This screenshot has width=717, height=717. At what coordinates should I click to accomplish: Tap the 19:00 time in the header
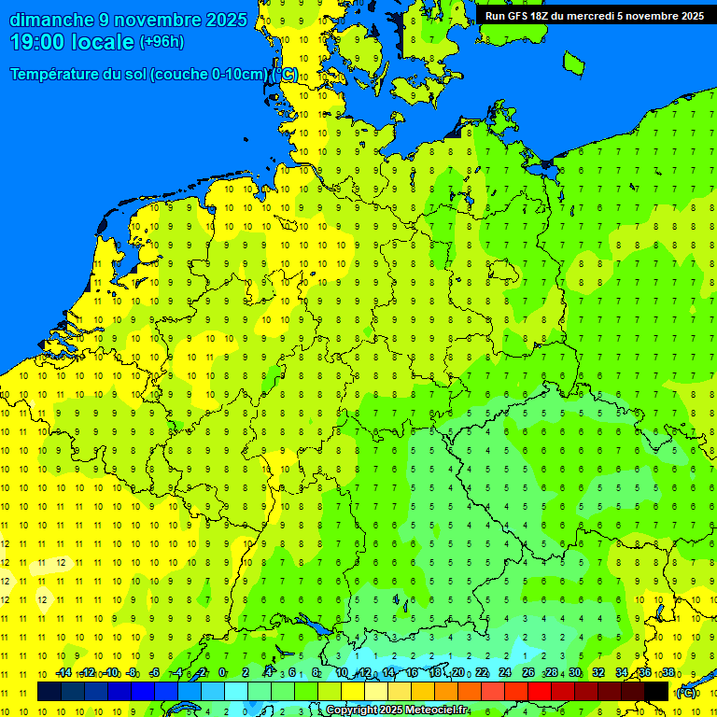pyautogui.click(x=37, y=42)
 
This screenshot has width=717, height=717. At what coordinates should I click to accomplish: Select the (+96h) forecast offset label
pyautogui.click(x=162, y=42)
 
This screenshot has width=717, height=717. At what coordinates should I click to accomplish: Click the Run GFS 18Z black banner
pyautogui.click(x=595, y=16)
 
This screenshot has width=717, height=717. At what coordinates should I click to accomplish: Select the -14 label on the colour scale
pyautogui.click(x=63, y=672)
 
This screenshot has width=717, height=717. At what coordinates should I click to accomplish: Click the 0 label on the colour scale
pyautogui.click(x=222, y=672)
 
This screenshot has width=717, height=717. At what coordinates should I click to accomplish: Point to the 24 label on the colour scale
pyautogui.click(x=505, y=672)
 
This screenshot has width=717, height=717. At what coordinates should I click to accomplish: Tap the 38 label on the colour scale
pyautogui.click(x=668, y=672)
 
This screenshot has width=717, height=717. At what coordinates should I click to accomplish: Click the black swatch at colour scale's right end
pyautogui.click(x=656, y=691)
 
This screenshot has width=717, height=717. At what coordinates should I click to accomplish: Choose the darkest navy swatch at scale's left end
pyautogui.click(x=49, y=691)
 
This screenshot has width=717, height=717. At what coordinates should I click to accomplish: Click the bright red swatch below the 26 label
pyautogui.click(x=540, y=691)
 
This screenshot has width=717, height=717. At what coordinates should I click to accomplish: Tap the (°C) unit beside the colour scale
pyautogui.click(x=686, y=692)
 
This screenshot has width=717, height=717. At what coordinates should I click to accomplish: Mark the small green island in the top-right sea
pyautogui.click(x=572, y=63)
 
